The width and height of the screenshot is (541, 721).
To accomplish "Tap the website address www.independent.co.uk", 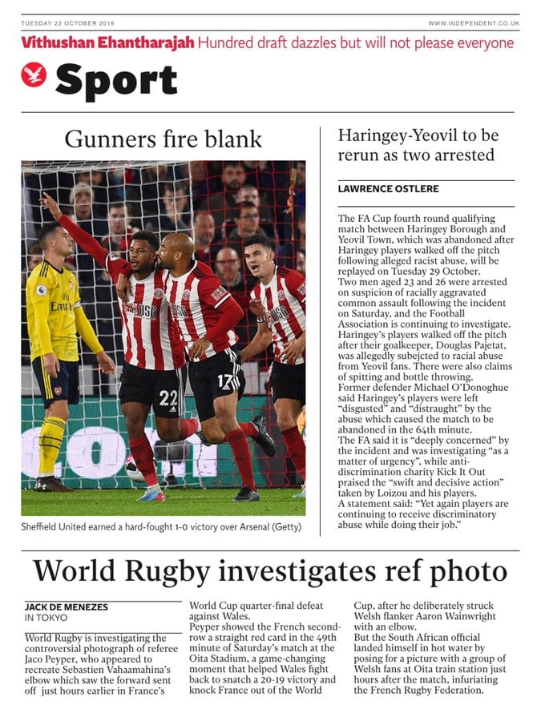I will pyautogui.click(x=473, y=23).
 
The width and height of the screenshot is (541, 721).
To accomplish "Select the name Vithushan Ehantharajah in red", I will pyautogui.click(x=107, y=42).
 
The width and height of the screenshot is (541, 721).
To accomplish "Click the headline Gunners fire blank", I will pyautogui.click(x=163, y=139).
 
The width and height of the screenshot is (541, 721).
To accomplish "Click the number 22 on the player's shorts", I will pyautogui.click(x=167, y=398).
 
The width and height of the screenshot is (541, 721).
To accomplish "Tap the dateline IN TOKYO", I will pyautogui.click(x=47, y=618).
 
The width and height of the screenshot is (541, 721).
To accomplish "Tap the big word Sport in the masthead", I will pyautogui.click(x=116, y=80).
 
